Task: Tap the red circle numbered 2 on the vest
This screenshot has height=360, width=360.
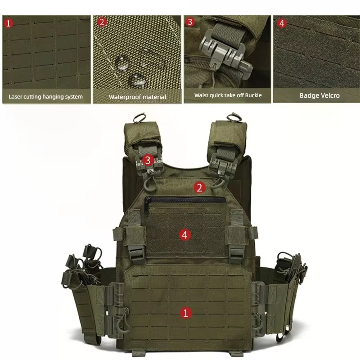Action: (x=200, y=187)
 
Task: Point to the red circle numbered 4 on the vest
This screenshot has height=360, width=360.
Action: (x=184, y=234)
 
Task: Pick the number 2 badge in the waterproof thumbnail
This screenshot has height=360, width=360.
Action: (x=102, y=22)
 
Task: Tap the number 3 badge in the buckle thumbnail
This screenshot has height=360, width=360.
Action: (x=190, y=22)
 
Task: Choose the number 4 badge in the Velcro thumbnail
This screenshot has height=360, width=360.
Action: (x=282, y=23)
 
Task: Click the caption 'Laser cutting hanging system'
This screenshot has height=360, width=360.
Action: (x=46, y=96)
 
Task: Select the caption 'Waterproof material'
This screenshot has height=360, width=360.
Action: (x=137, y=97)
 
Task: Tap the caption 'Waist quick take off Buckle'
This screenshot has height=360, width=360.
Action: (x=228, y=95)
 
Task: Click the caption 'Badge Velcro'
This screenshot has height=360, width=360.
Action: (x=319, y=95)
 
